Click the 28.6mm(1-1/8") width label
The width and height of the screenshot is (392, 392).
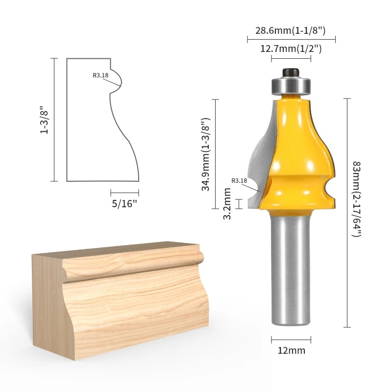290,31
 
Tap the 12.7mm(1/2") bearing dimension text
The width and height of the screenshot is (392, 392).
291,49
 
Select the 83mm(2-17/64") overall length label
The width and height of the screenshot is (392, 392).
357,199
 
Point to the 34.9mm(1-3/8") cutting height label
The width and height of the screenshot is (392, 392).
206,154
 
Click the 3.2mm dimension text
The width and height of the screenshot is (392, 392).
227,204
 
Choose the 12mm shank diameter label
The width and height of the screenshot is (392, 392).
292,350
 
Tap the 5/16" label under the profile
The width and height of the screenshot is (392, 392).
124,204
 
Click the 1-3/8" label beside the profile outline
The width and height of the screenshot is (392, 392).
44,120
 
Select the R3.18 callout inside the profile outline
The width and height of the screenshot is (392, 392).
100,75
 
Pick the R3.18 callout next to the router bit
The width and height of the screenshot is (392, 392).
239,180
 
